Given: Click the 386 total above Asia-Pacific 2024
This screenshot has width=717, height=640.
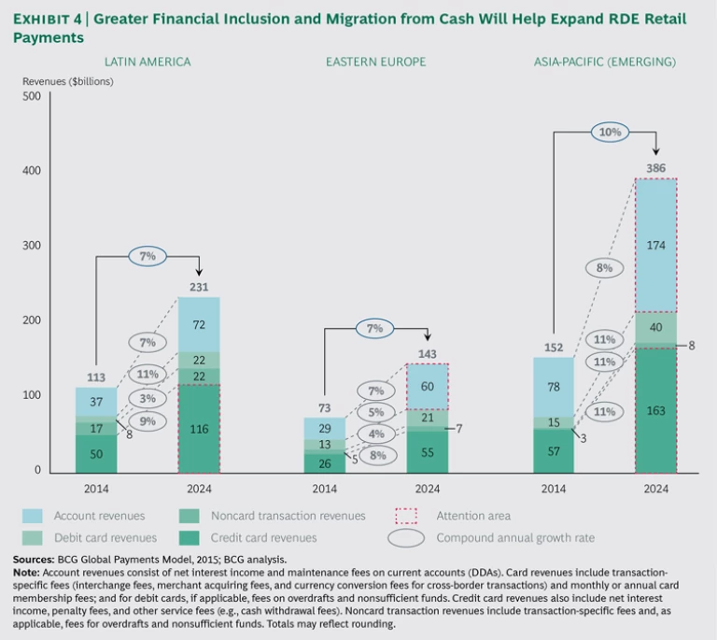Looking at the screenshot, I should (x=655, y=169).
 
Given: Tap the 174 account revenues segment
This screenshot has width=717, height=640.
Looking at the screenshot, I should (x=655, y=246).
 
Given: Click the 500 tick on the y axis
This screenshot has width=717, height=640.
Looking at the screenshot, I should (x=31, y=96).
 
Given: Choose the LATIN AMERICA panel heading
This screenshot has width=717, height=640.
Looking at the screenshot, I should (x=148, y=62).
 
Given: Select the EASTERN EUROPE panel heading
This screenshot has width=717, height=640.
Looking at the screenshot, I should (x=375, y=62).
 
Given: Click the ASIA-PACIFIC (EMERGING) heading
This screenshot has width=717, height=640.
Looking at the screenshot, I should (x=605, y=62).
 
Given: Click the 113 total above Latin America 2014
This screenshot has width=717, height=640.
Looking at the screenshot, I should (x=95, y=379).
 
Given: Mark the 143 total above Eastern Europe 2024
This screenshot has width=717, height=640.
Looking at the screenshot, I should (x=427, y=355).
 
